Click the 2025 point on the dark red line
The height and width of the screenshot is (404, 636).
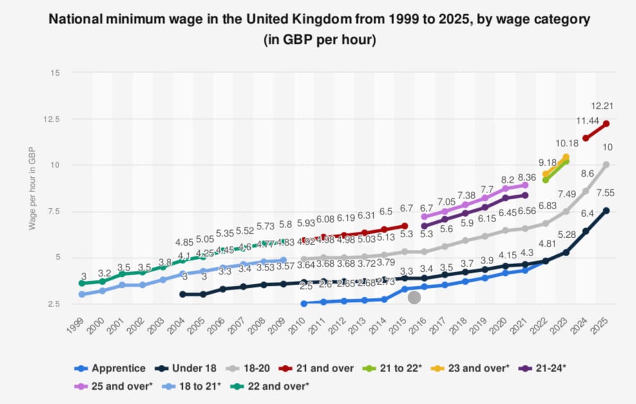[x=606, y=124]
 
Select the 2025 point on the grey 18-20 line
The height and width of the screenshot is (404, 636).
[x=606, y=165]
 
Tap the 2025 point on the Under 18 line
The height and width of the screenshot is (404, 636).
[x=606, y=210]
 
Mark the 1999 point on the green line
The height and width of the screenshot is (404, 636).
[x=82, y=283]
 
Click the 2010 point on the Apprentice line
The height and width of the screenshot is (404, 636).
[x=304, y=303]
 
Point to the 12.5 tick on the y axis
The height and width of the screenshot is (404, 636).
[x=54, y=119]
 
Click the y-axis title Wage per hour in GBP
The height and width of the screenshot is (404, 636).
[x=32, y=188]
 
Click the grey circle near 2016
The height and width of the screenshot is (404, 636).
[x=414, y=298]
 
